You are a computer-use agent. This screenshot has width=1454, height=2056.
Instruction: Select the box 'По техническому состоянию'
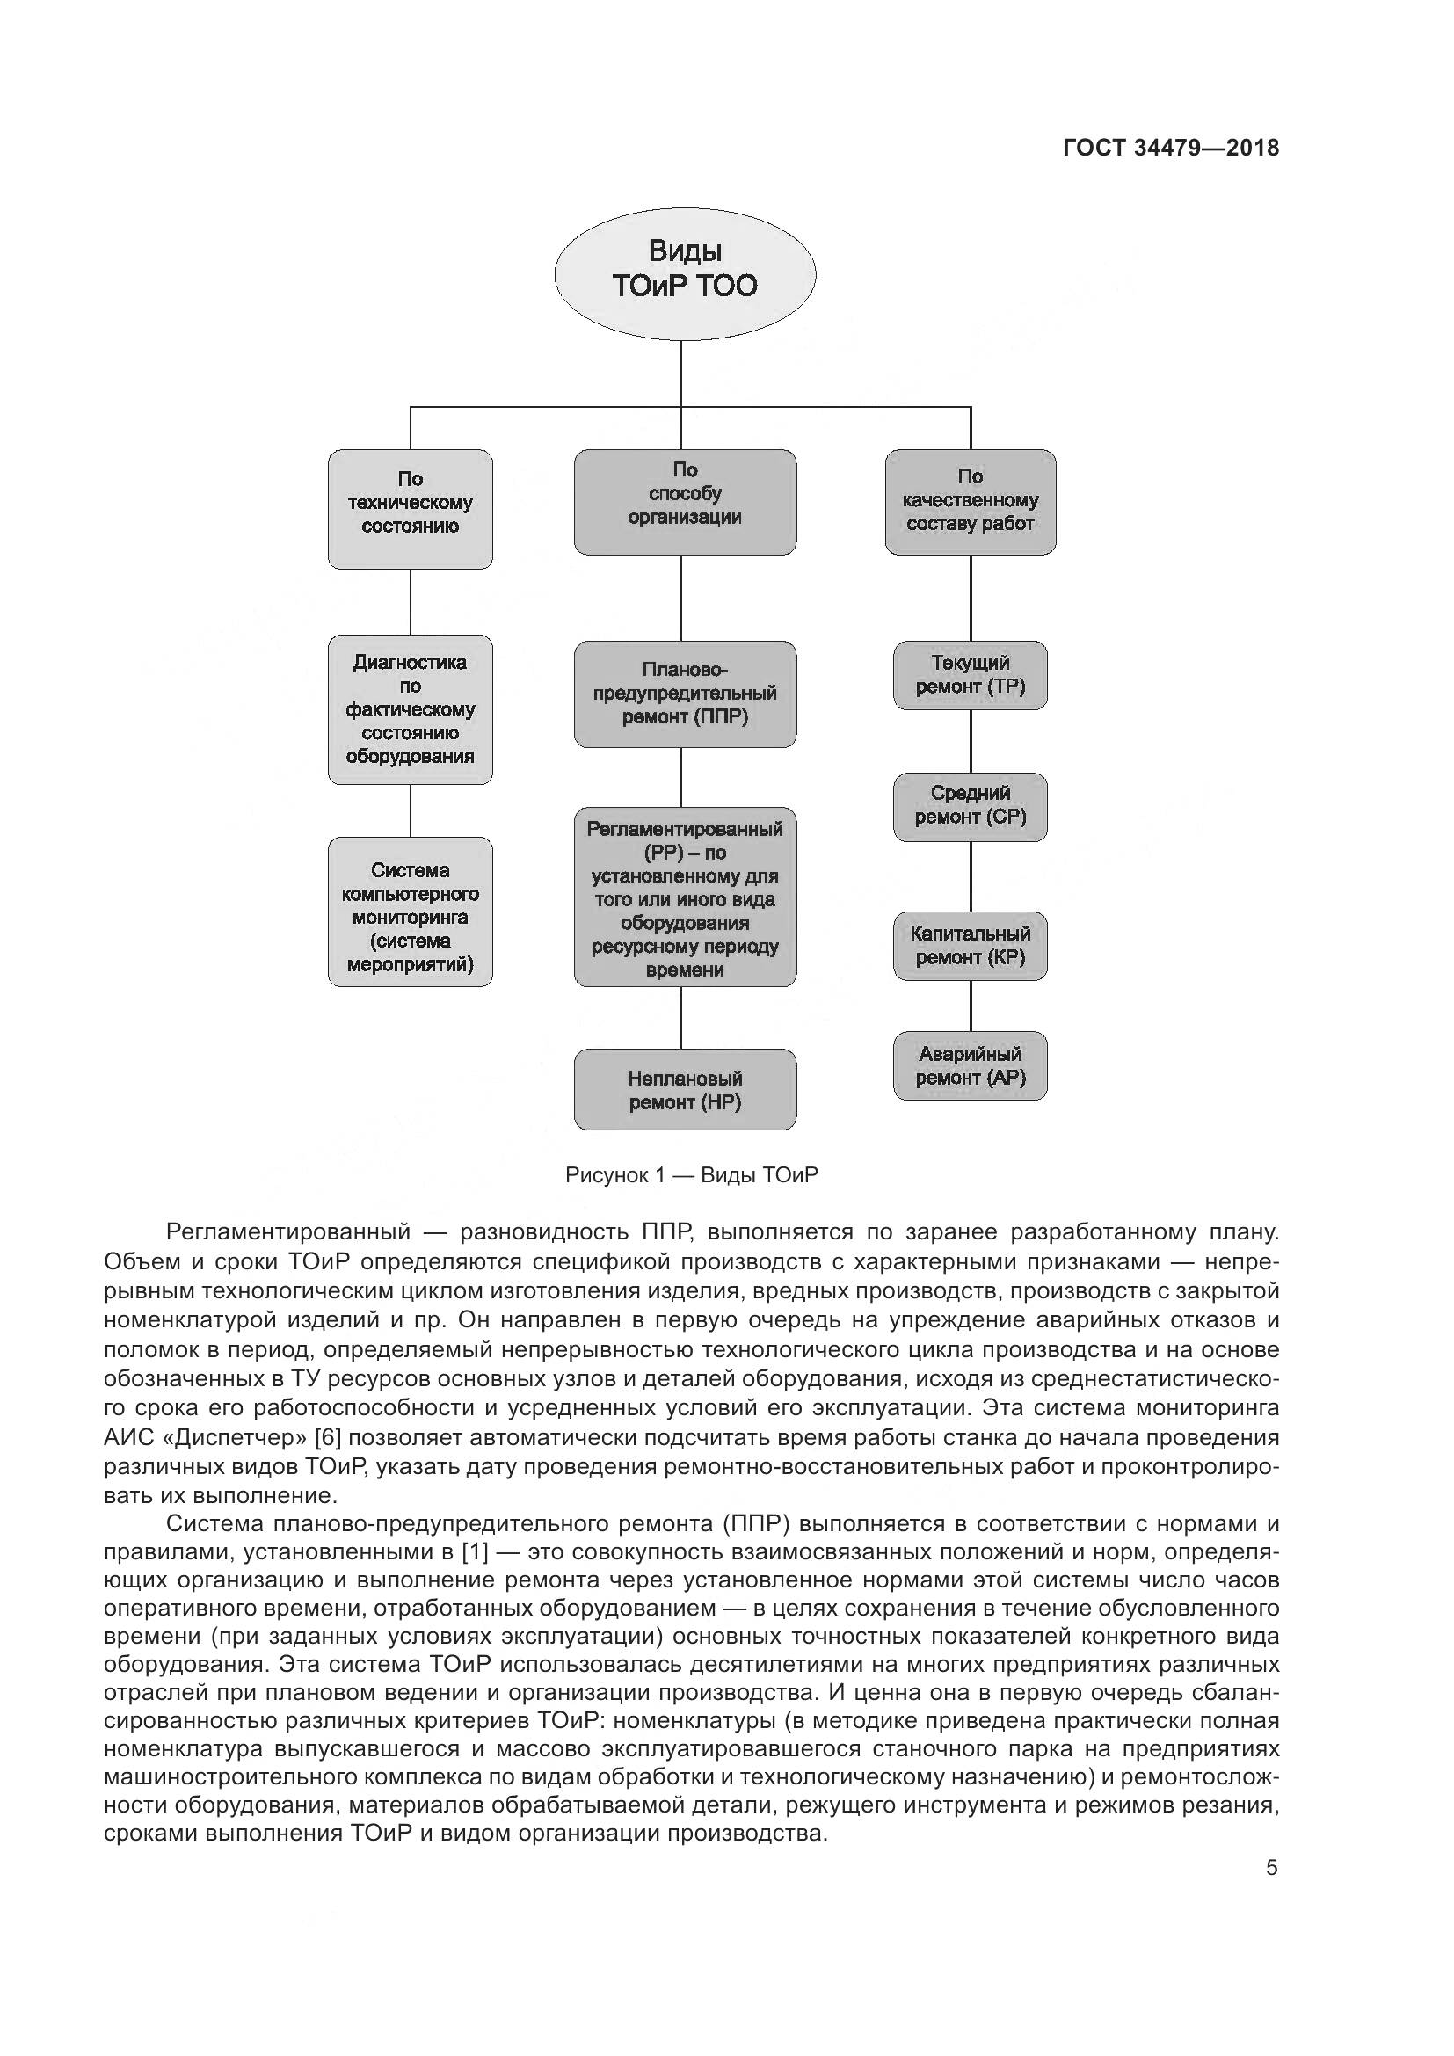[410, 509]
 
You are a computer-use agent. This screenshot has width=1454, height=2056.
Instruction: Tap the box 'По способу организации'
[685, 501]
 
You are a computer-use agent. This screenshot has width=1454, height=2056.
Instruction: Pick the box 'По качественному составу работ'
[970, 501]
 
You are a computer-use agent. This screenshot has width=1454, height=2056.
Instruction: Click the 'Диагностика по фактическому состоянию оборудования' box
[410, 709]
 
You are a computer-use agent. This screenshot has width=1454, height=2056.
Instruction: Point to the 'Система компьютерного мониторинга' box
[410, 912]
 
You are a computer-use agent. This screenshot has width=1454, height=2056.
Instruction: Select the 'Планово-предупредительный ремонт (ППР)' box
[685, 694]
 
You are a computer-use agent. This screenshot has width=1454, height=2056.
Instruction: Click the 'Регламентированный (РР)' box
[685, 897]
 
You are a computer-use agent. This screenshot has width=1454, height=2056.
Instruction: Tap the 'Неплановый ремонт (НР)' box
[685, 1089]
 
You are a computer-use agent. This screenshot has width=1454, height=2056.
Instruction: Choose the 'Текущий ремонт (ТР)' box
[970, 675]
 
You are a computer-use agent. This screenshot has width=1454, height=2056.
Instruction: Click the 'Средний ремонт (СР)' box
[970, 806]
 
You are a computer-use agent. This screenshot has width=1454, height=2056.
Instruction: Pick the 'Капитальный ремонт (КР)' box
[970, 946]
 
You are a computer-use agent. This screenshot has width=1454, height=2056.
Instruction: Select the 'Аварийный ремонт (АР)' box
[970, 1065]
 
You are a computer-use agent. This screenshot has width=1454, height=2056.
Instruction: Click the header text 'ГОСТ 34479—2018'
[1170, 149]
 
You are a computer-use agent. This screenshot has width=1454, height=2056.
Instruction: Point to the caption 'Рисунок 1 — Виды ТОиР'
[691, 1175]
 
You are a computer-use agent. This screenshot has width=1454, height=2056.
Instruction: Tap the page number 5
[1271, 1868]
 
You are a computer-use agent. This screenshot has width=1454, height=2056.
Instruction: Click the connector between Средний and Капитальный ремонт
[971, 876]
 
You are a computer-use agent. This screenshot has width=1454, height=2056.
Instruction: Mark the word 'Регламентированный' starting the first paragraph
[288, 1232]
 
